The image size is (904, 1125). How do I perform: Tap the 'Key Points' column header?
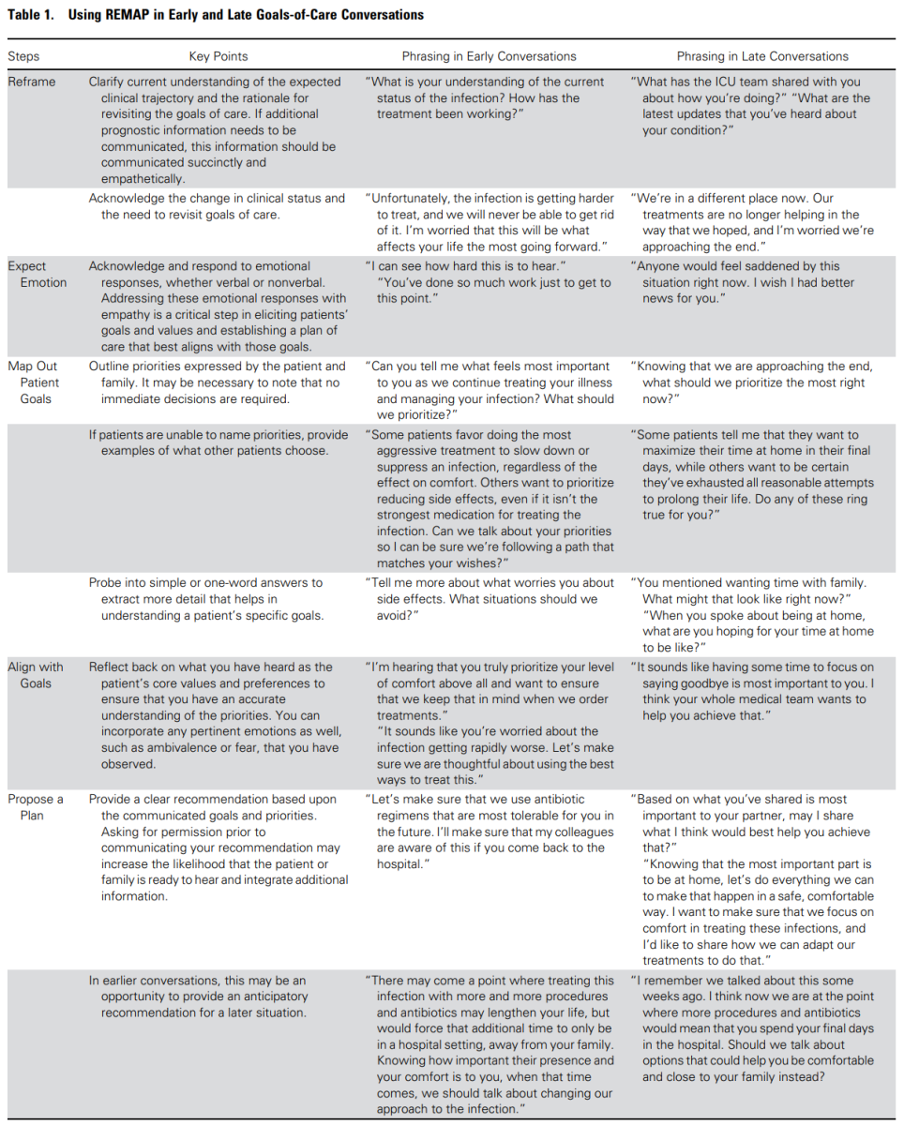pos(218,56)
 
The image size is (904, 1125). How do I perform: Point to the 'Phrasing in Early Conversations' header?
pos(489,56)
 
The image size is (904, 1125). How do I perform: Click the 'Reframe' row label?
pos(32,82)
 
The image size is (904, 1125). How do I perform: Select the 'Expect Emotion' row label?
pos(38,274)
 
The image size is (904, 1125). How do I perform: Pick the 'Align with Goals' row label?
pos(36,675)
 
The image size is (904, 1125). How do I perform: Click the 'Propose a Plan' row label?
pos(36,807)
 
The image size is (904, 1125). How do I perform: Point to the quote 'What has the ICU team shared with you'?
pos(747,82)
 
